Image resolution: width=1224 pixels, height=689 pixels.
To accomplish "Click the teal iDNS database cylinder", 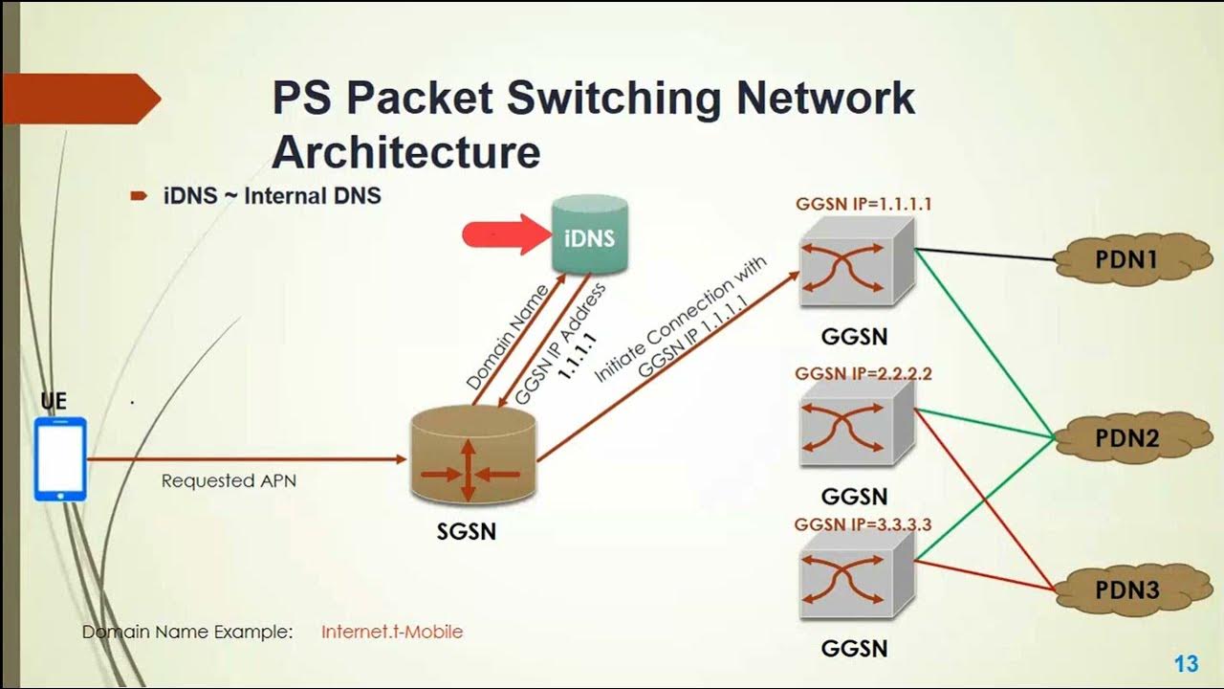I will click(x=589, y=236).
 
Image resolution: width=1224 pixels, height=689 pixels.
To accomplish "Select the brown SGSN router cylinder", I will click(x=472, y=458).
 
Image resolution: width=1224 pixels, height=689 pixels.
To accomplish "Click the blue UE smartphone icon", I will click(x=60, y=458).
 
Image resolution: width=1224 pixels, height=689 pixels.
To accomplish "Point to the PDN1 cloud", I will click(x=1125, y=258).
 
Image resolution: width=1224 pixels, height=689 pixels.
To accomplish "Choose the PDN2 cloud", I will click(x=1125, y=438).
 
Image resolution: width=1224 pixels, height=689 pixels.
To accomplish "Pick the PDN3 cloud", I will click(x=1126, y=589).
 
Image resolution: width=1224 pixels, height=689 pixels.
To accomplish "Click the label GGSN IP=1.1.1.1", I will click(x=863, y=204).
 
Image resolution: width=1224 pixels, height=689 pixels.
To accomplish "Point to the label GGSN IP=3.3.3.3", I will click(x=863, y=524).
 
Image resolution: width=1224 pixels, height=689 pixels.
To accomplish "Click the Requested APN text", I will click(x=229, y=480).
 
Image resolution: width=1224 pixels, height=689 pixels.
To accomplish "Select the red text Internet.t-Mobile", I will click(x=392, y=632).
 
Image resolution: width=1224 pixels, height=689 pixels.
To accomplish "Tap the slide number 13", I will click(x=1186, y=664).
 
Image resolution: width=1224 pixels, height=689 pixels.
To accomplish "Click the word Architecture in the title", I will click(x=406, y=153).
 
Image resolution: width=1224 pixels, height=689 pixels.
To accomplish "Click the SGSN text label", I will click(x=467, y=531).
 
